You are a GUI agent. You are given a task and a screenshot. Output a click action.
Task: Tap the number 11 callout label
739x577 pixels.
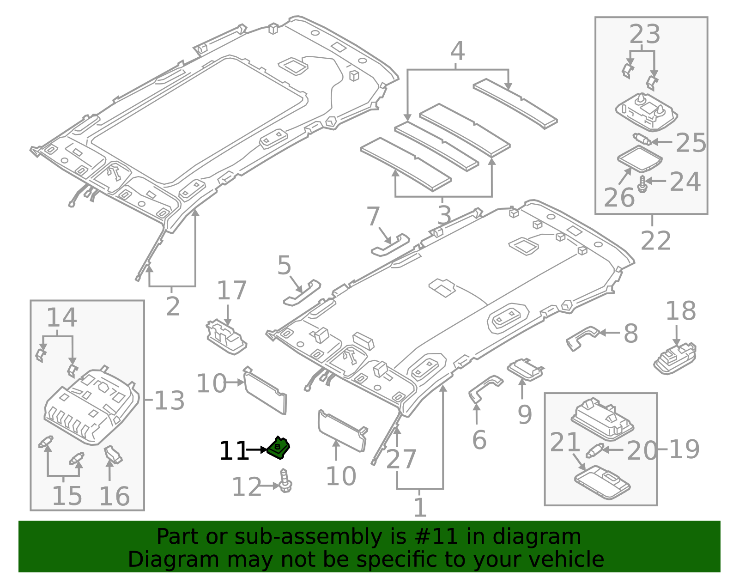(x=233, y=451)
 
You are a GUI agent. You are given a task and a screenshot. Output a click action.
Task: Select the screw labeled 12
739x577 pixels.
(x=285, y=481)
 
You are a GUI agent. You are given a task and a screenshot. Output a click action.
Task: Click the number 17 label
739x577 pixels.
(x=231, y=291)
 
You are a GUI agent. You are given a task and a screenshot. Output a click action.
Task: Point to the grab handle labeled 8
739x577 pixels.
(x=582, y=336)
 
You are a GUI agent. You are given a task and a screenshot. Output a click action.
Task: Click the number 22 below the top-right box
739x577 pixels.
(x=655, y=241)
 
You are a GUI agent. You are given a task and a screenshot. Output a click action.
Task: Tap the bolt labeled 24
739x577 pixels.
(x=642, y=184)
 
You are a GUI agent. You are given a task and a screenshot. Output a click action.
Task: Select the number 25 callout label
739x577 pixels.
(x=691, y=143)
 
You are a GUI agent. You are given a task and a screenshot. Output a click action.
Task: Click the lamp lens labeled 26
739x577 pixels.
(x=640, y=158)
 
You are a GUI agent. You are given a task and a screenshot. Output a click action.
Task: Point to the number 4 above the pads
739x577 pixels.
(x=457, y=51)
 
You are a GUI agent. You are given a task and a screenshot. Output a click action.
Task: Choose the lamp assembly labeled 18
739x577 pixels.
(x=675, y=359)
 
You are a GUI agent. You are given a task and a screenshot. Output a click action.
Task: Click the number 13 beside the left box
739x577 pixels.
(x=169, y=401)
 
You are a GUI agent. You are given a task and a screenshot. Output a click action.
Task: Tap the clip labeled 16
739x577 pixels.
(x=113, y=455)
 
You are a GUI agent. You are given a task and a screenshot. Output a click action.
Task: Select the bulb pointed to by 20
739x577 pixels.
(x=594, y=450)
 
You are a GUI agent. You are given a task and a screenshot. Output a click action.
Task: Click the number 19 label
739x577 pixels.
(x=684, y=449)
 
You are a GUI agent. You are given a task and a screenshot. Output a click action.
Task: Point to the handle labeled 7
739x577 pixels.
(x=391, y=245)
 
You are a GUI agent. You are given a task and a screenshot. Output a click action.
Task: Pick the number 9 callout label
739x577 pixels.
(x=524, y=415)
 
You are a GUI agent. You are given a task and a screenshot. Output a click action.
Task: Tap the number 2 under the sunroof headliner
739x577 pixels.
(x=172, y=306)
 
